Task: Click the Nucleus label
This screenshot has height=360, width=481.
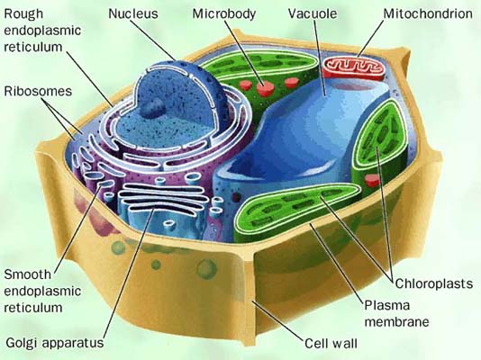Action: coord(133,13)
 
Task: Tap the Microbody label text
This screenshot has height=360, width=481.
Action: coord(224,14)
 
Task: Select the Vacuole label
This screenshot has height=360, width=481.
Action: coord(313,13)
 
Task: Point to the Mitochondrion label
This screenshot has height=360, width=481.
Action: coord(428,13)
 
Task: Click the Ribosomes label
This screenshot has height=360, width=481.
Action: coord(38,91)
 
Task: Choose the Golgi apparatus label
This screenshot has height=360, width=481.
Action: coord(55,343)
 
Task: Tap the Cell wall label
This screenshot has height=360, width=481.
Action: coord(331,343)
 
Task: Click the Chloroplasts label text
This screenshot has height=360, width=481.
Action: coord(434,283)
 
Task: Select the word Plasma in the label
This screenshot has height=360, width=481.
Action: coord(387,305)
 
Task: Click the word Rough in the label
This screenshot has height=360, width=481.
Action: coord(23,14)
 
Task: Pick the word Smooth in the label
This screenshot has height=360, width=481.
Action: coord(27,274)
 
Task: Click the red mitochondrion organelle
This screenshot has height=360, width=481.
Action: coord(354,68)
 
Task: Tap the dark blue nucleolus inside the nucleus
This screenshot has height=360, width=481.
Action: coord(153,107)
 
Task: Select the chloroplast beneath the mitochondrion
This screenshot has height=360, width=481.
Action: coord(380,144)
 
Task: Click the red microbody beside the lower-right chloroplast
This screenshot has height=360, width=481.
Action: coord(372,180)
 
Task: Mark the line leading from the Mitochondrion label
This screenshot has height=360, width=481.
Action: coord(370,39)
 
